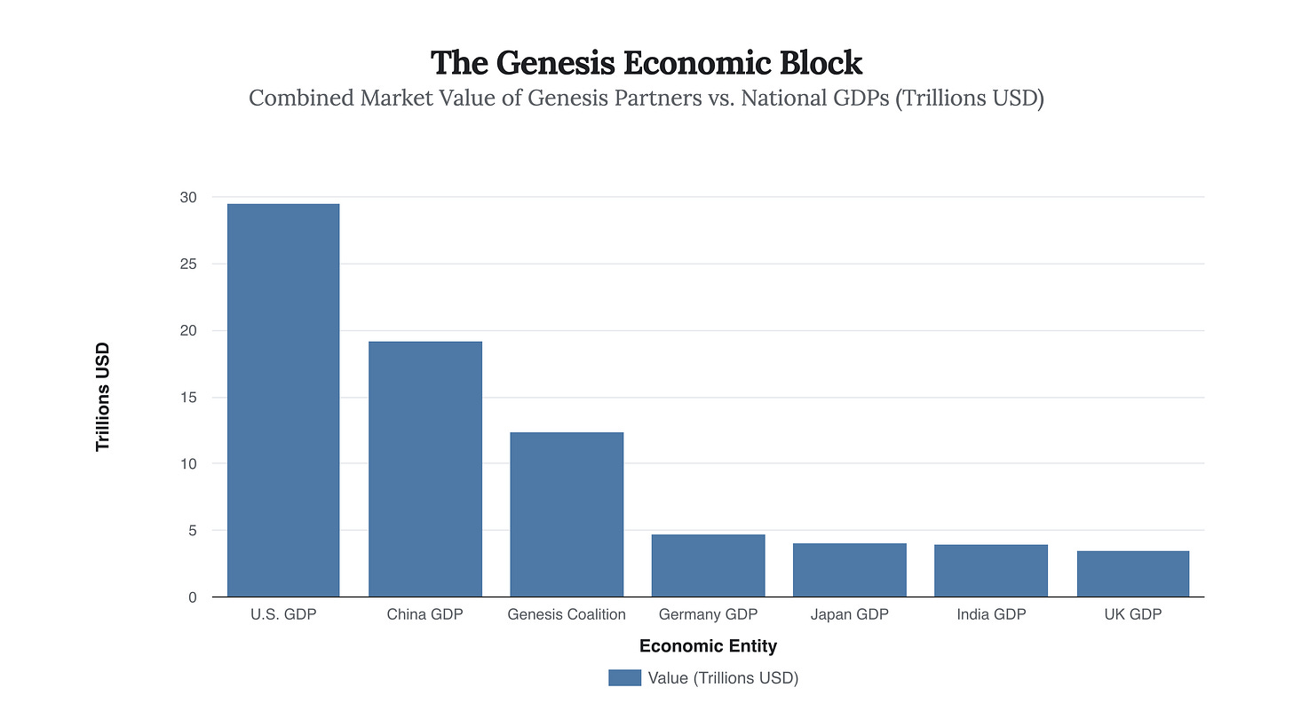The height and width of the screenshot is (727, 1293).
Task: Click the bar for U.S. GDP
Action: pyautogui.click(x=283, y=400)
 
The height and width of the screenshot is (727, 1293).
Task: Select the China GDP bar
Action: pyautogui.click(x=425, y=469)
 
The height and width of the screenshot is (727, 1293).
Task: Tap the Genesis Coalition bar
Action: pyautogui.click(x=567, y=514)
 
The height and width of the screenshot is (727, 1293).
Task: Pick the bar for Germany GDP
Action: pyautogui.click(x=708, y=565)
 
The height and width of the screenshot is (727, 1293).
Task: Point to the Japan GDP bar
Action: pyautogui.click(x=850, y=570)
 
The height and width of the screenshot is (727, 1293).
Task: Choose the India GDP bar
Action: pyautogui.click(x=991, y=571)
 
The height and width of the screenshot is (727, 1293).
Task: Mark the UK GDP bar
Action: pyautogui.click(x=1132, y=573)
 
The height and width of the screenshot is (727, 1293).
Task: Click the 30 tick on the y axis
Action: pyautogui.click(x=188, y=197)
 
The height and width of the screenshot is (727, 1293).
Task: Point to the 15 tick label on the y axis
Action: pyautogui.click(x=188, y=397)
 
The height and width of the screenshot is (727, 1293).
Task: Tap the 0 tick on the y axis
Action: pyautogui.click(x=192, y=597)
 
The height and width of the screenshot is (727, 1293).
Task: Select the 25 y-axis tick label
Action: pyautogui.click(x=188, y=264)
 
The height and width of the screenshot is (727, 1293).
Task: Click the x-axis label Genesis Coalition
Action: pyautogui.click(x=567, y=614)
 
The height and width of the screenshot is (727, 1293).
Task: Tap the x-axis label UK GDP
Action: pyautogui.click(x=1132, y=614)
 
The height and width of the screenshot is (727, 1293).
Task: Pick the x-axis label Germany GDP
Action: pyautogui.click(x=708, y=614)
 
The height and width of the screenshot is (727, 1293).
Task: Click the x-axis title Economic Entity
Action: pyautogui.click(x=708, y=646)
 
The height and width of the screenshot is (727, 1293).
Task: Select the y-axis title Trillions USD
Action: pyautogui.click(x=103, y=397)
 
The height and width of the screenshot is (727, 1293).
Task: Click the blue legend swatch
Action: pyautogui.click(x=624, y=678)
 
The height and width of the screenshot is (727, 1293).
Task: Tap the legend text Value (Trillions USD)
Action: pyautogui.click(x=723, y=678)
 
